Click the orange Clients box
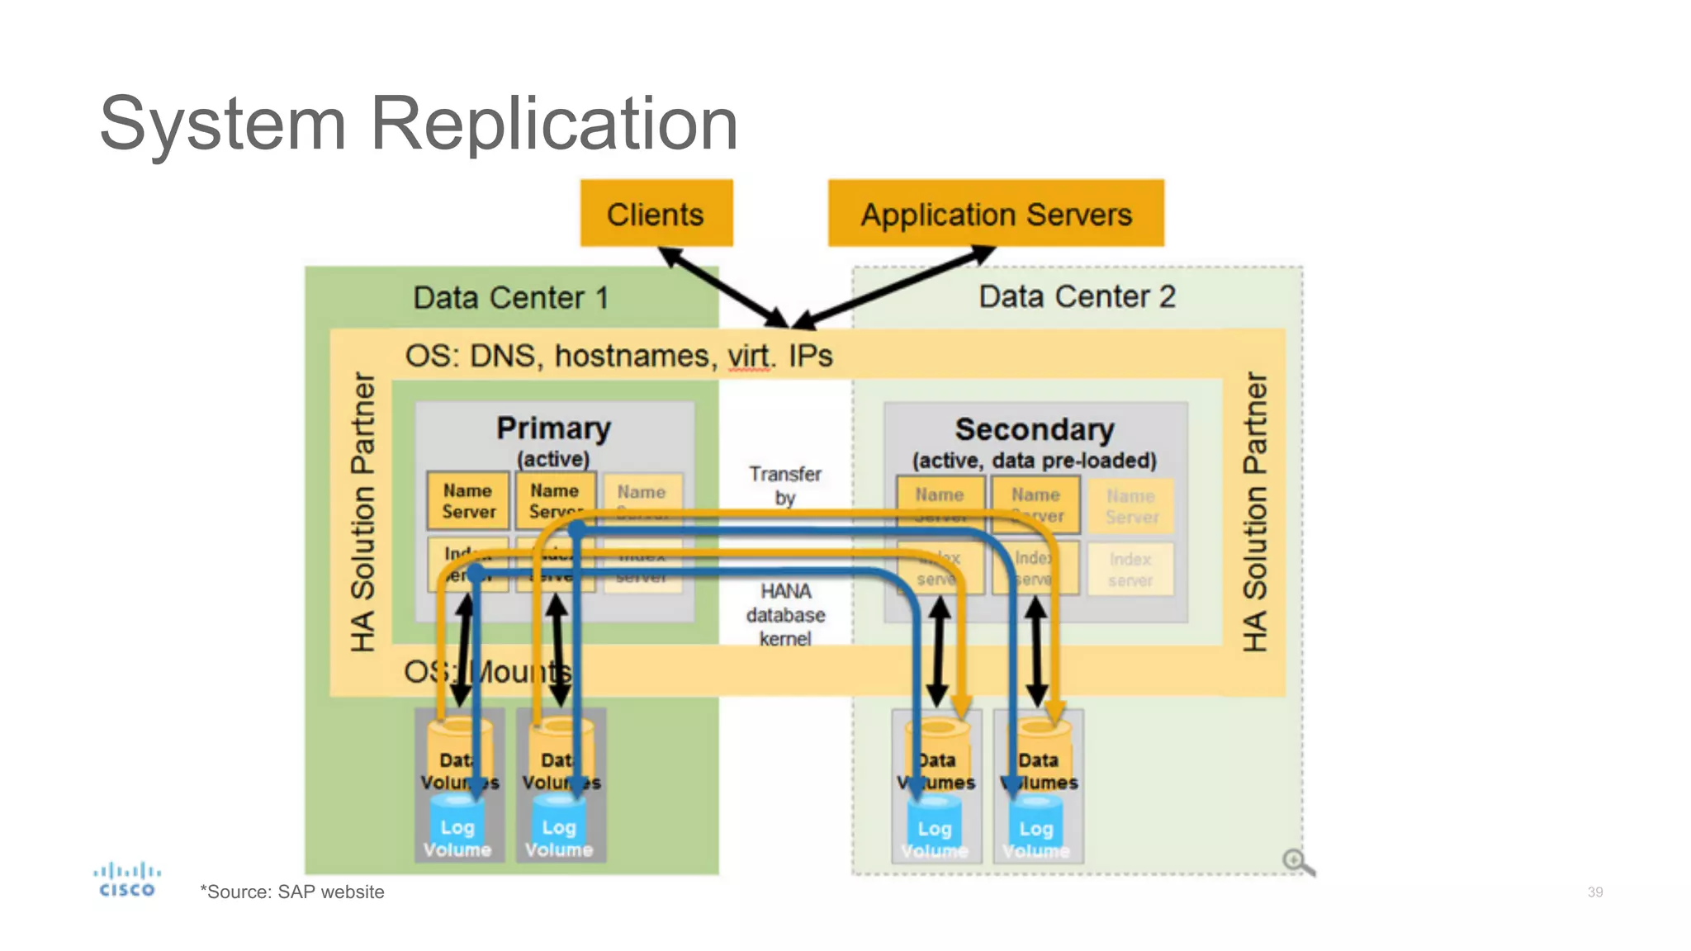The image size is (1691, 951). [656, 213]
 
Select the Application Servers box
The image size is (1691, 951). [996, 213]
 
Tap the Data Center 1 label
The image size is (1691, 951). [510, 297]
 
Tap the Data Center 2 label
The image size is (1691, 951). [1077, 296]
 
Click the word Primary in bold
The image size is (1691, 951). [553, 428]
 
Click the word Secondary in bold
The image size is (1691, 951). [1035, 430]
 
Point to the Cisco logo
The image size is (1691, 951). [126, 879]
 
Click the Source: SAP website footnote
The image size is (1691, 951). [292, 892]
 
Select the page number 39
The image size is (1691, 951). [1594, 892]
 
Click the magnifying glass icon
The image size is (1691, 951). [1297, 862]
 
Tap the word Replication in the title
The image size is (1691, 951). [553, 124]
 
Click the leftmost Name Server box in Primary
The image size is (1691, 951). [468, 501]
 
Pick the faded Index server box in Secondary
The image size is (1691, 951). [1130, 569]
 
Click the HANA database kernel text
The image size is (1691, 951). [785, 614]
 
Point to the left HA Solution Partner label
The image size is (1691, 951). [362, 512]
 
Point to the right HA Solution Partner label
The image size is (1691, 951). [1254, 512]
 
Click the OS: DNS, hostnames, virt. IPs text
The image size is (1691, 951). [618, 356]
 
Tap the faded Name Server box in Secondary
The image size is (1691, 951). [1131, 505]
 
